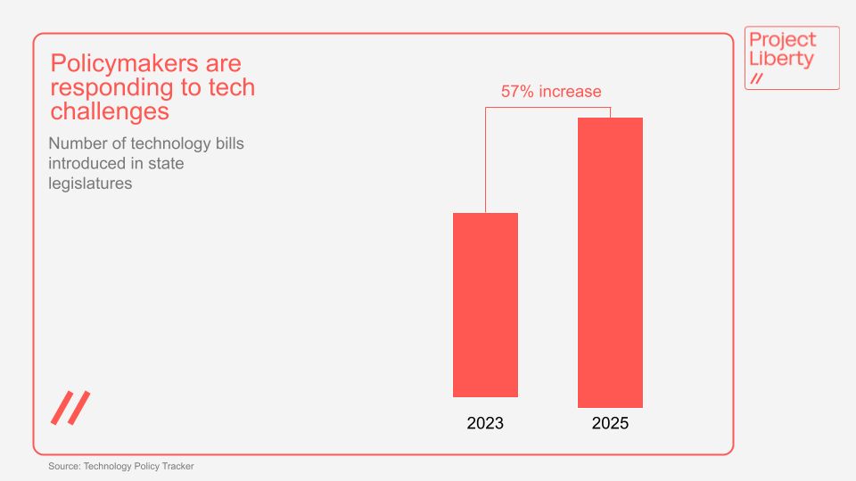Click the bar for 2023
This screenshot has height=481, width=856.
point(485,305)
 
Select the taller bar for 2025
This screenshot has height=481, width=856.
point(610,263)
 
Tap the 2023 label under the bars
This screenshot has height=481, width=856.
point(485,423)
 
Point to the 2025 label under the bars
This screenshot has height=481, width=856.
point(610,423)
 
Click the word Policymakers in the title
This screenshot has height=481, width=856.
point(119,64)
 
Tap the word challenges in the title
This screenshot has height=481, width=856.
point(110,111)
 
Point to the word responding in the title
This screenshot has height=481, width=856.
point(112,88)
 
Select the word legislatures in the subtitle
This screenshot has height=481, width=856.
point(90,183)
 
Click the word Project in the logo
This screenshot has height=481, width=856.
point(782,40)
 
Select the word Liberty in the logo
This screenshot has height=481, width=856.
point(781,60)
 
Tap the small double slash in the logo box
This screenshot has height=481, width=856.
point(757,79)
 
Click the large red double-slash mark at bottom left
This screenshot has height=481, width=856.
point(70,407)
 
